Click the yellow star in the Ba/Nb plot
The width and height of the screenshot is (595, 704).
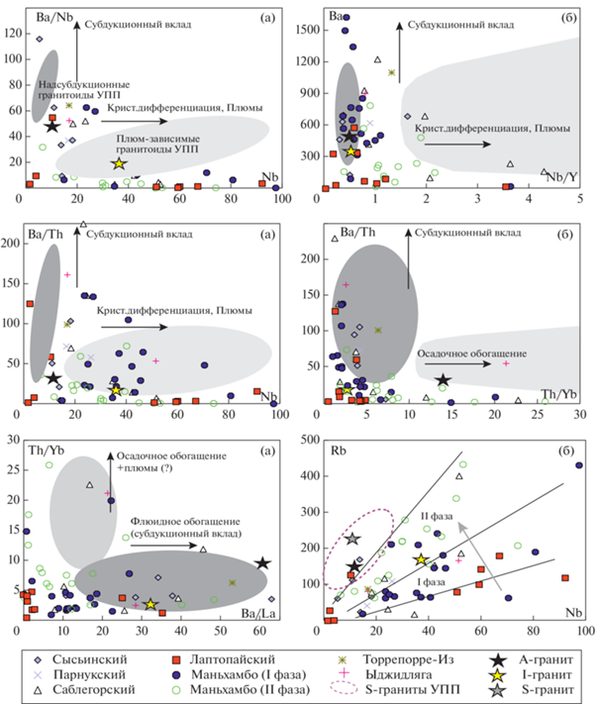coord(118,163)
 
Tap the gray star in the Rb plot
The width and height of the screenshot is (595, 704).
coord(352,540)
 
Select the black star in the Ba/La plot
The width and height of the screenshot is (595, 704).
coord(262,563)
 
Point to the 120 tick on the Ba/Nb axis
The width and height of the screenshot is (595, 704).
coord(14,33)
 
